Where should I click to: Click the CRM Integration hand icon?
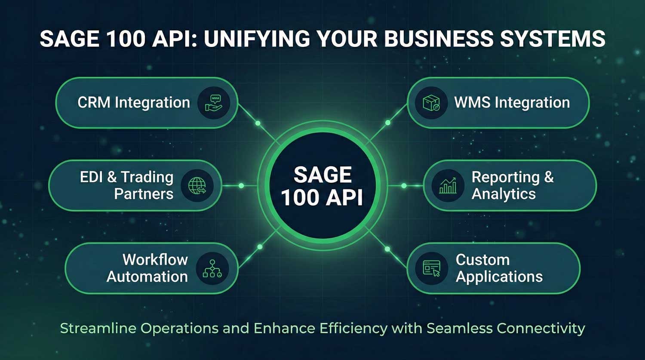point(214,103)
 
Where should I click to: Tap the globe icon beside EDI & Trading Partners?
point(197,186)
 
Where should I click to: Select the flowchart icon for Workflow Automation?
point(212,268)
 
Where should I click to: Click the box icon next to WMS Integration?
point(431,103)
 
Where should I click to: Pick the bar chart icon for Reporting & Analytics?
point(448,186)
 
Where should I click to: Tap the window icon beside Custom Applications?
point(432,268)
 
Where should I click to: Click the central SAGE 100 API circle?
point(322,186)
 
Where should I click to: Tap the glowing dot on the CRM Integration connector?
point(258,123)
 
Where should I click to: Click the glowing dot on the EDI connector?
point(241,186)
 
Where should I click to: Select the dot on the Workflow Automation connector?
point(260,247)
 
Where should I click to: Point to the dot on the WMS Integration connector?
point(388,123)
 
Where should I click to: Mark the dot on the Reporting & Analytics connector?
point(404,186)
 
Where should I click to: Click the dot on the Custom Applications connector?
point(387,249)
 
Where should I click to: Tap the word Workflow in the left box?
point(155,260)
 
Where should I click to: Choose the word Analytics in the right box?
point(504,194)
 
